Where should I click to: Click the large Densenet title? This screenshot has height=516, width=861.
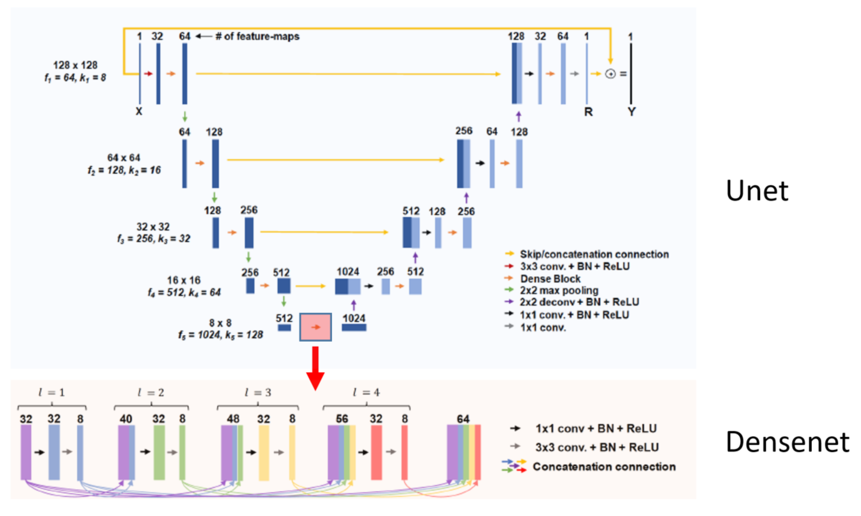coord(787,441)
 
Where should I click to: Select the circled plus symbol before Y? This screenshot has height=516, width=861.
coord(610,74)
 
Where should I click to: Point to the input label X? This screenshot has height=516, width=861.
coord(139,112)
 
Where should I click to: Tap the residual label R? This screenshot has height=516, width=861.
coord(588,112)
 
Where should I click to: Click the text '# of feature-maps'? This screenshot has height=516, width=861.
coord(257,36)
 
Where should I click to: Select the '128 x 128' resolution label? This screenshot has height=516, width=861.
coord(75,65)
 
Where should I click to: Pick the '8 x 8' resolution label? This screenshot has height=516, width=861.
coord(220,323)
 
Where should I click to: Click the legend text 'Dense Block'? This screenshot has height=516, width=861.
coord(550,279)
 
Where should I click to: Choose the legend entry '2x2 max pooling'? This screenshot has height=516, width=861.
coord(559,290)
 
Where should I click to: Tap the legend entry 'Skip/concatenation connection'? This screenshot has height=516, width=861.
coord(594,254)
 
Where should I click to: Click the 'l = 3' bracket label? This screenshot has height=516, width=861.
coord(258,392)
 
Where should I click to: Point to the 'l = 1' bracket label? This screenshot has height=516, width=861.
coord(51,392)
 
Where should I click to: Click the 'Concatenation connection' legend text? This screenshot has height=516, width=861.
coord(604,467)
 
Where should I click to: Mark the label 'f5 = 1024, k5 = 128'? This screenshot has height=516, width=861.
coord(221,335)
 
